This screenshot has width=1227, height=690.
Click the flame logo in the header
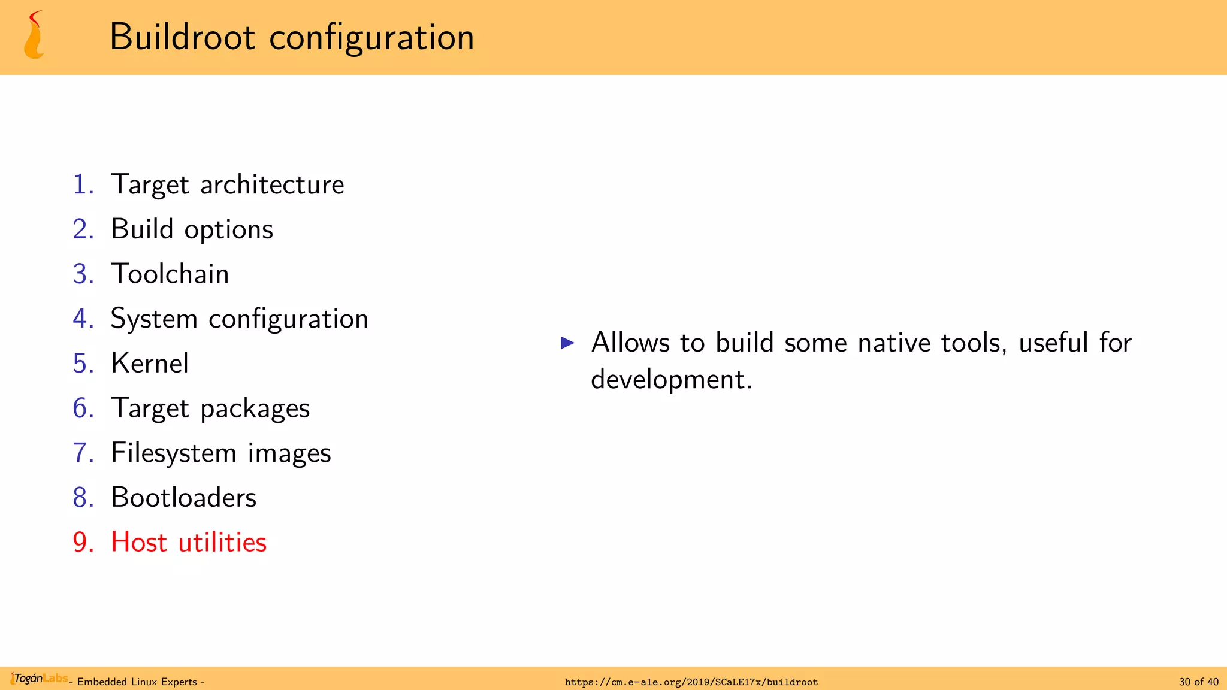(x=34, y=36)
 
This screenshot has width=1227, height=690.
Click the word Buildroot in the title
(x=182, y=37)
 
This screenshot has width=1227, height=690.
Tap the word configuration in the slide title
(x=371, y=37)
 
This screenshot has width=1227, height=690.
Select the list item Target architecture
(x=227, y=184)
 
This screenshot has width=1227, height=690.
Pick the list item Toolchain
(x=170, y=274)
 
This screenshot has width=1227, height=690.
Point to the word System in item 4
(x=154, y=319)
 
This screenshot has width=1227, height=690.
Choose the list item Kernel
(x=150, y=363)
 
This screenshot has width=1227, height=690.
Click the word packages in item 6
(x=255, y=408)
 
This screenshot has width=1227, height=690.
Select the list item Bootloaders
(x=183, y=498)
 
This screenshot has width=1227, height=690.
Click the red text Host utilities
(x=188, y=542)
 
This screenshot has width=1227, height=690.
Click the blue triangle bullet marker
(x=567, y=343)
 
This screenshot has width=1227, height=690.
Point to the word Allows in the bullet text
(x=630, y=343)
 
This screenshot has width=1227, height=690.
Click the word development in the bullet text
(x=670, y=380)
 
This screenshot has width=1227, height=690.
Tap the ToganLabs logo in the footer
(x=39, y=679)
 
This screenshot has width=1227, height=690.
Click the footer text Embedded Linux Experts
(x=137, y=682)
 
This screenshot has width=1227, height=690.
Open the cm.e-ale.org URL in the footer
(x=691, y=682)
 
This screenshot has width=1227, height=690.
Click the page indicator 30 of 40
(x=1198, y=682)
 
